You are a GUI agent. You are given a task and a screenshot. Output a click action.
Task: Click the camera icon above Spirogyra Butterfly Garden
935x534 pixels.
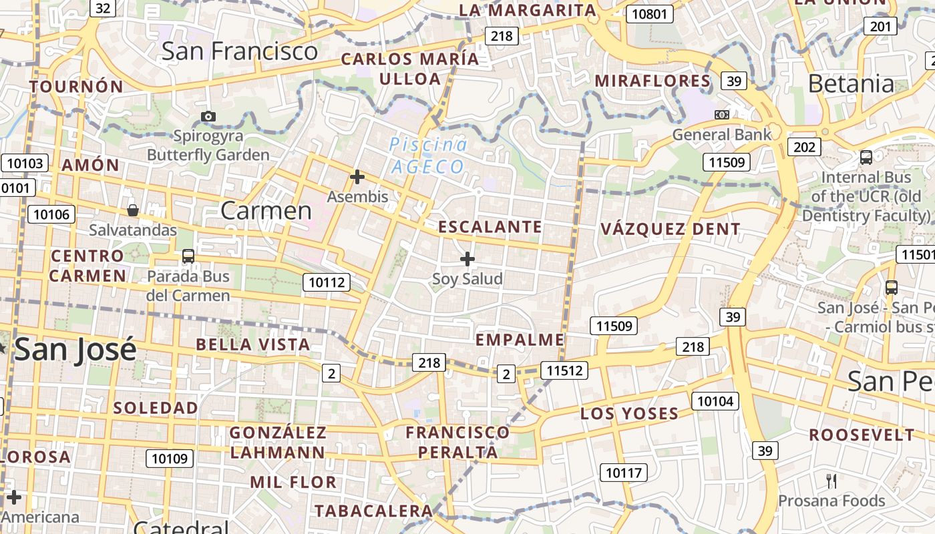pos(208,116)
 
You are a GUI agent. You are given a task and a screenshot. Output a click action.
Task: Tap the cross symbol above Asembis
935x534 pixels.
pos(357,177)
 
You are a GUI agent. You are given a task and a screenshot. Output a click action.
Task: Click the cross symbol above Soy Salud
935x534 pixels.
pos(467,258)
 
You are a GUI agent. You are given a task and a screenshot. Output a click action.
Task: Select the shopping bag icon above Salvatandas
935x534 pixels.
pos(133,210)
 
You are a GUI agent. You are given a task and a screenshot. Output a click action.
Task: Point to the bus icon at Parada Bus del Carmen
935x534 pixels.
pos(188,256)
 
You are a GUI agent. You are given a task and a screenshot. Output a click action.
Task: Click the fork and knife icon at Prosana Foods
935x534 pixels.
pos(831,481)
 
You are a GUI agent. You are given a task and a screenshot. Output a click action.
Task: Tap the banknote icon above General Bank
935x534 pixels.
pos(721,114)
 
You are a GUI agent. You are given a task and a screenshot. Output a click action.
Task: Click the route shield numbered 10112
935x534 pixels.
pos(327,282)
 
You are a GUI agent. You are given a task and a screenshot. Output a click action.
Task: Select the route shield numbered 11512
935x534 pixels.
pos(564,370)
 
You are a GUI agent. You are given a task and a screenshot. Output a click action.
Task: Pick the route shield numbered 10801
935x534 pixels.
pos(649,13)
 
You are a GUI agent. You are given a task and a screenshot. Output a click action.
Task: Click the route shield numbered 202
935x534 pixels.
pos(804,147)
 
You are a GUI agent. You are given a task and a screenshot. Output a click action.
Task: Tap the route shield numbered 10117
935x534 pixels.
pos(623,473)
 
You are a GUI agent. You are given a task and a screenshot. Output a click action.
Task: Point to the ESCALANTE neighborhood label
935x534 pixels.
pos(490,227)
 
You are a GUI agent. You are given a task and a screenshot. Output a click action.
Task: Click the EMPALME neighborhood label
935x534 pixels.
pos(520,340)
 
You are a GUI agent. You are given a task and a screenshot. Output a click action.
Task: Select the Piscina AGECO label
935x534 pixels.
pos(427,156)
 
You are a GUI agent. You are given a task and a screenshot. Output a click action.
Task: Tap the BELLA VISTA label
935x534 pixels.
pos(253,345)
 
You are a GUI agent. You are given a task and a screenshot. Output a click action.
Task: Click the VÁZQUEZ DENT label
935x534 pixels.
pos(670,229)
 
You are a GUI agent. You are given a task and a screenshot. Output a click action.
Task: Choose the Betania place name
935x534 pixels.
pos(851,84)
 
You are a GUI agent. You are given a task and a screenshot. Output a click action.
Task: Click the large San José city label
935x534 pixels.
pos(75,350)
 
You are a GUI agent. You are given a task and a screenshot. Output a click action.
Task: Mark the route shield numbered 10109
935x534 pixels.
pos(170,459)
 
